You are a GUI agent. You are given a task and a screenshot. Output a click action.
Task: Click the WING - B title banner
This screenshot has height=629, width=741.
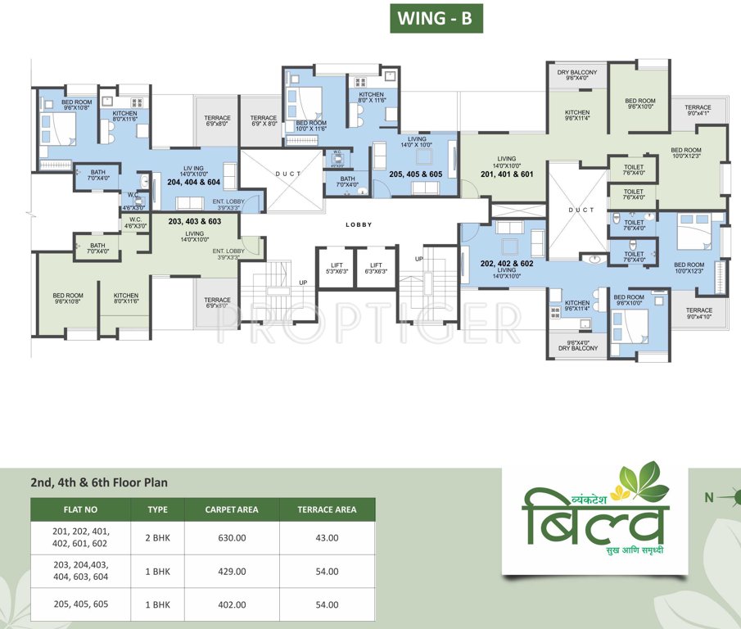[436, 18]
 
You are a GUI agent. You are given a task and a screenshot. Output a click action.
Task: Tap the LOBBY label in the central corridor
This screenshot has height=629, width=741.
[359, 224]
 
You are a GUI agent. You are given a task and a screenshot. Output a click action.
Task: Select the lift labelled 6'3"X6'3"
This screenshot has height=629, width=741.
[376, 268]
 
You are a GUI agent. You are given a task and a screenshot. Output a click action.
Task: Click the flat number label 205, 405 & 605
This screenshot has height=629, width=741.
[416, 174]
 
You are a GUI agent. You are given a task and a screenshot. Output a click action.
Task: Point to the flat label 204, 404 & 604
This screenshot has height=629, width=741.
[194, 182]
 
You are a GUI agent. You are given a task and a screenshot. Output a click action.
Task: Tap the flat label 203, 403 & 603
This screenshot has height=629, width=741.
[194, 221]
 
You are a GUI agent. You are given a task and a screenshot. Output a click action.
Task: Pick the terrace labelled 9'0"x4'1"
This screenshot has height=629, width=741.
[698, 111]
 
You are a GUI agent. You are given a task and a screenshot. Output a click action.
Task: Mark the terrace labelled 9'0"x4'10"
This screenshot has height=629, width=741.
[699, 314]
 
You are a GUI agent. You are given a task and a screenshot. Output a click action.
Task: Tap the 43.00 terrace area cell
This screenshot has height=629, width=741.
[327, 537]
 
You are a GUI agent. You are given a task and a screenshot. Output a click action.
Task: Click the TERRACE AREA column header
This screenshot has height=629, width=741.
[327, 509]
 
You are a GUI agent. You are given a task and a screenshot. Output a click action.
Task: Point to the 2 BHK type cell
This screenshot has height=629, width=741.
[157, 537]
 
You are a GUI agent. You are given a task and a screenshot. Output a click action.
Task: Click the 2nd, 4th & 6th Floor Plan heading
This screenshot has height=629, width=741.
[98, 482]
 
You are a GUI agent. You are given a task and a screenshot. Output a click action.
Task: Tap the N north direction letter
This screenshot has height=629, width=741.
[709, 496]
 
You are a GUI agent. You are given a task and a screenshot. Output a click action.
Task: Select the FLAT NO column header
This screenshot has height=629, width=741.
[80, 509]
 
